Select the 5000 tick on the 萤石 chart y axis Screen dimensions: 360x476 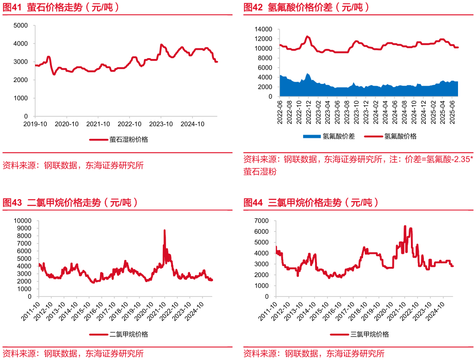coord(20,25)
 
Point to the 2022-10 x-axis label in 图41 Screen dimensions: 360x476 coord(129,124)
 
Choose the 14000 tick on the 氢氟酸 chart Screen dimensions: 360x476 coord(263,29)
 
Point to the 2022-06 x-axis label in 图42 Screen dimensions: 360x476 coord(280,112)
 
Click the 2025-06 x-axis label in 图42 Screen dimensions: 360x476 coord(452,112)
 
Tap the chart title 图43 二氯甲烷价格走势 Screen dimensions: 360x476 coord(70,202)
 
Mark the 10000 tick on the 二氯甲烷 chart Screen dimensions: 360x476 coord(22,221)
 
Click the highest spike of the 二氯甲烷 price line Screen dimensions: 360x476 coord(165,230)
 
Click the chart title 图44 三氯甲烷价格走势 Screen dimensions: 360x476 coord(311,202)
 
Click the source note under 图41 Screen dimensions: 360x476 coord(73,165)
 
